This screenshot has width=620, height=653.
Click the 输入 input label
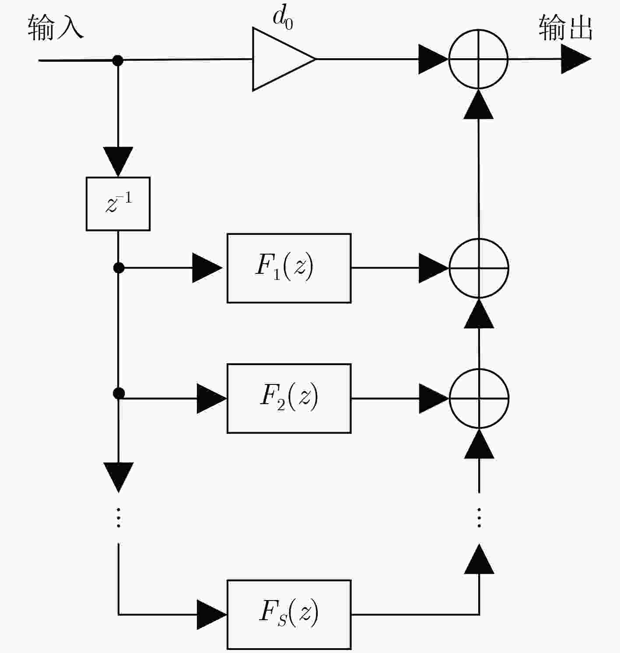coord(56,28)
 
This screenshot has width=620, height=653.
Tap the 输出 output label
coord(565,28)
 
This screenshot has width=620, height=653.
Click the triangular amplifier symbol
coord(284,59)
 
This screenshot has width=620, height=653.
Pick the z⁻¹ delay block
coord(118,204)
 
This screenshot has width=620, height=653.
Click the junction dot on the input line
coord(118,60)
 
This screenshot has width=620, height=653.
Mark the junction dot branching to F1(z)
coord(119,268)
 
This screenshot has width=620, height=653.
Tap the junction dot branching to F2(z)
coord(119,393)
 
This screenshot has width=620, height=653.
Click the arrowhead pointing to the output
coord(576,59)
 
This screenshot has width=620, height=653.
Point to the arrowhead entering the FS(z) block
coord(212,615)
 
